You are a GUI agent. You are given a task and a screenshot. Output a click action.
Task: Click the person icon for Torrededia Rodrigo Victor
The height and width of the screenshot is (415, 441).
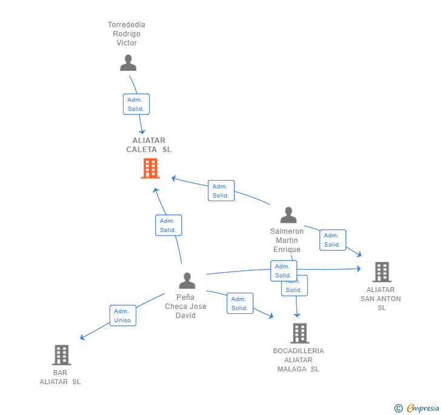(x=128, y=63)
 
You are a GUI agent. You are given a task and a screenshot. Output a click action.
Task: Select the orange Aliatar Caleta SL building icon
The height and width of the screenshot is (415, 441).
(x=150, y=168)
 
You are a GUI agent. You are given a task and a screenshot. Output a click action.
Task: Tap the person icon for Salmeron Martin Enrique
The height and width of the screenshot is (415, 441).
(x=288, y=215)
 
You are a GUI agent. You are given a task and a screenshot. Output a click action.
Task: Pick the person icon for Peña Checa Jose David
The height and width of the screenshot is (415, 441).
(x=187, y=281)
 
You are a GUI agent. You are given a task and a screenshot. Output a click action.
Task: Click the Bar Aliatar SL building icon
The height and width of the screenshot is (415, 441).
(x=61, y=355)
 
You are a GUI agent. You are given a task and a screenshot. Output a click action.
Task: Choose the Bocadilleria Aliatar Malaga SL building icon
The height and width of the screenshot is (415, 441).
(x=299, y=333)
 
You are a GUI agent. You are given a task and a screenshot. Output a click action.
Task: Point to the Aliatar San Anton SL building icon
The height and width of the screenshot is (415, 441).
(x=382, y=272)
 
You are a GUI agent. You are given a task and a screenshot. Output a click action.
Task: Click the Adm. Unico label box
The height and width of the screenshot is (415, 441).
(x=123, y=316)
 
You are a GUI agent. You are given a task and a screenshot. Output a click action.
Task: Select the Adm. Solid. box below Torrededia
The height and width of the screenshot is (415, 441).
(x=136, y=104)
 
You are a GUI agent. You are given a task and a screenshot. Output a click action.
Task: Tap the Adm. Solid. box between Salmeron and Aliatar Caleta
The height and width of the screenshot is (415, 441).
(x=221, y=191)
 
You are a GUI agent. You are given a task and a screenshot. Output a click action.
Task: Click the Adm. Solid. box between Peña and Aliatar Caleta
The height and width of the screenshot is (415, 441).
(x=168, y=225)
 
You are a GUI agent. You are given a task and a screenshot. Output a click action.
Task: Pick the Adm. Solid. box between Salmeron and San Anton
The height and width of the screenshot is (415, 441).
(x=333, y=240)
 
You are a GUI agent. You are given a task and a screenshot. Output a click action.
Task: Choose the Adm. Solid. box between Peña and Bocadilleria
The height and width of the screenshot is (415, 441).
(x=240, y=304)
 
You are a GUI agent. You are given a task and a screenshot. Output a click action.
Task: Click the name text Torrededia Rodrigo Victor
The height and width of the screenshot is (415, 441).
(x=127, y=34)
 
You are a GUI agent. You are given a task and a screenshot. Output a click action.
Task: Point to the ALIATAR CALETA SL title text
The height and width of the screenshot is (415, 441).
(x=148, y=145)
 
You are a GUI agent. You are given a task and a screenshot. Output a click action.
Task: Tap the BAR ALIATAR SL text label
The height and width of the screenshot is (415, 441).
(x=60, y=377)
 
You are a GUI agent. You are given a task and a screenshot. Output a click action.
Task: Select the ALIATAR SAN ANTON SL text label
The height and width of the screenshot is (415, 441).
(x=381, y=299)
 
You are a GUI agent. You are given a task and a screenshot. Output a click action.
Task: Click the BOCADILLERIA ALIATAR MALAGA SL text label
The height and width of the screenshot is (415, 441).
(x=298, y=360)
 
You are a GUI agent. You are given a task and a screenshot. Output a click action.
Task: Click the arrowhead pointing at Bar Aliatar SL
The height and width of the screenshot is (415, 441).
(x=82, y=338)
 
